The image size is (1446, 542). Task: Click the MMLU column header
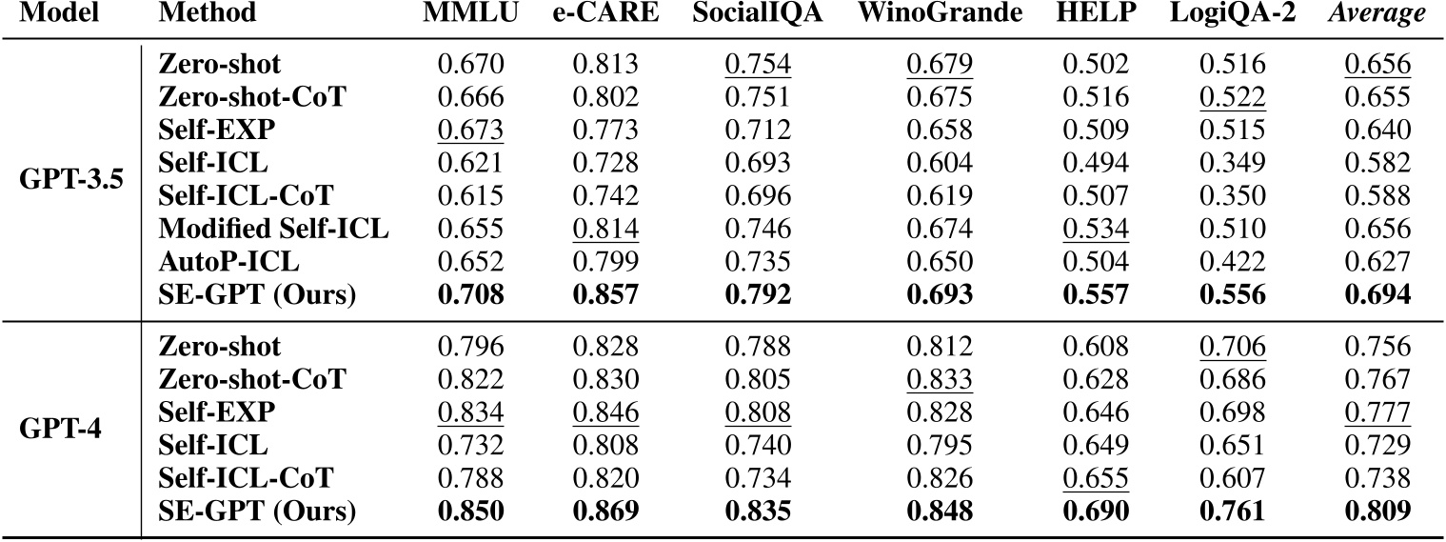coord(470,14)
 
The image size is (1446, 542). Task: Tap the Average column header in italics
coord(1385,14)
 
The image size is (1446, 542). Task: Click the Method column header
coord(208,14)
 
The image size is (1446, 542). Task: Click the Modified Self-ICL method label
coord(275,229)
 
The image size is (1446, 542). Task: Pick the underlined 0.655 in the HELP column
coord(1096,476)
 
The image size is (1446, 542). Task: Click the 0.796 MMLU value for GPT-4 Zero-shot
coord(469,347)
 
